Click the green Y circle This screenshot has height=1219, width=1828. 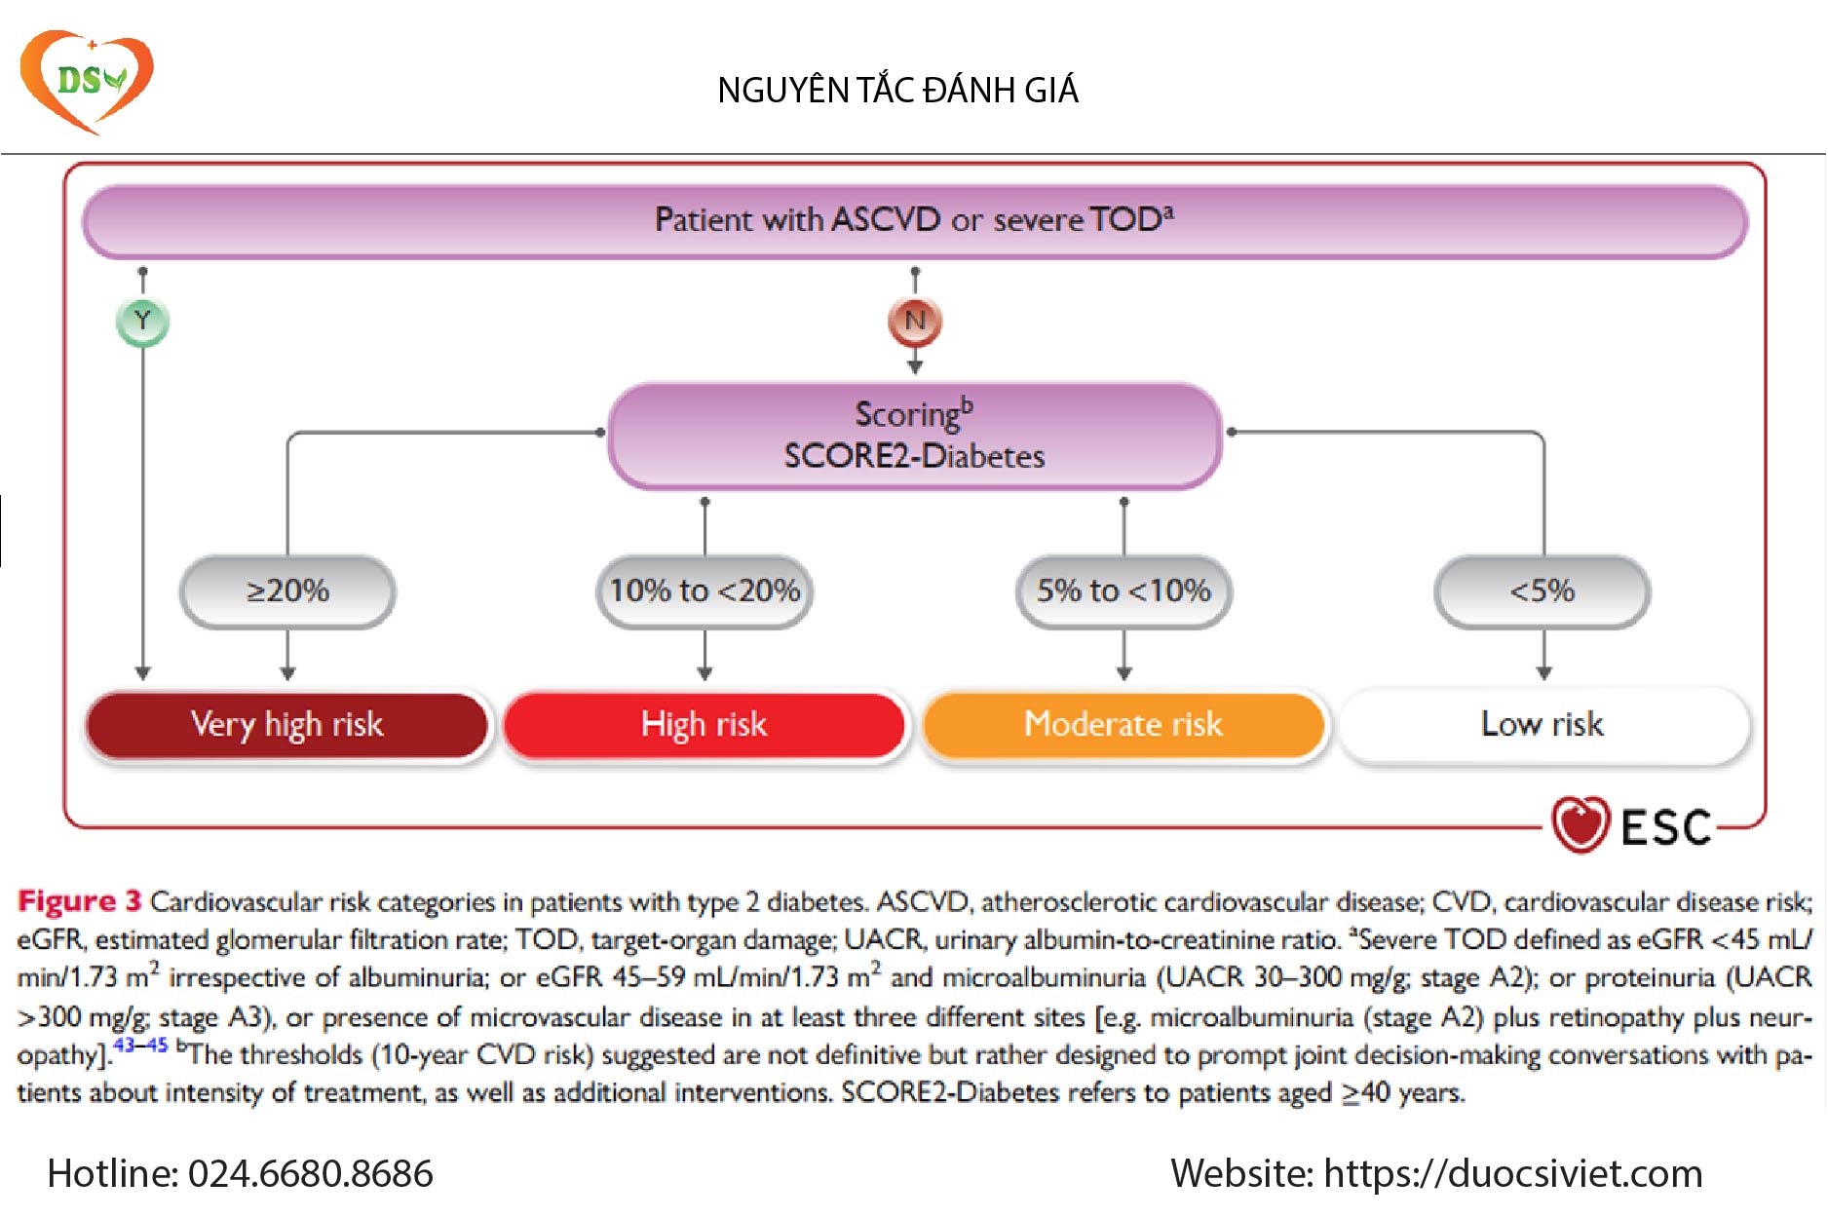click(142, 322)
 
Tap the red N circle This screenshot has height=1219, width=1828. click(914, 322)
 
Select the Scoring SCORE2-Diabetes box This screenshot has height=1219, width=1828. click(914, 436)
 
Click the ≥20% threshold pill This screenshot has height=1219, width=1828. click(287, 590)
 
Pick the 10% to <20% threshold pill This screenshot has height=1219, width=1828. click(705, 590)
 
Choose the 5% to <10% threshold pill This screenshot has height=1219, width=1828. click(1123, 590)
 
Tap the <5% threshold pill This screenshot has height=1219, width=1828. click(1542, 590)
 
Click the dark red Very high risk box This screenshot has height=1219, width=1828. click(287, 724)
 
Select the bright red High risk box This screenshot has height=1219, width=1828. click(705, 724)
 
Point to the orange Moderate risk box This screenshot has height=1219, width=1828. click(1123, 724)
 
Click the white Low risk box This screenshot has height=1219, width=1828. click(1543, 724)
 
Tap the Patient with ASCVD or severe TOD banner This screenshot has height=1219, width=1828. click(914, 220)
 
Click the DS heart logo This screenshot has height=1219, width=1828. click(86, 81)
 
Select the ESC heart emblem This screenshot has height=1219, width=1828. click(1580, 825)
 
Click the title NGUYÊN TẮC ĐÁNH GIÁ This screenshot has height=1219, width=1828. click(897, 91)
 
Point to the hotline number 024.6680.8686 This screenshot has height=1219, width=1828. click(310, 1173)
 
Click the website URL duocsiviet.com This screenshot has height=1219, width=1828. click(1512, 1173)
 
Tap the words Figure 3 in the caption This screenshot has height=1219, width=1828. click(79, 901)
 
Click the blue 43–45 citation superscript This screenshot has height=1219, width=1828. click(140, 1046)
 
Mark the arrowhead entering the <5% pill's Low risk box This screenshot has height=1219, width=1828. click(1543, 673)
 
